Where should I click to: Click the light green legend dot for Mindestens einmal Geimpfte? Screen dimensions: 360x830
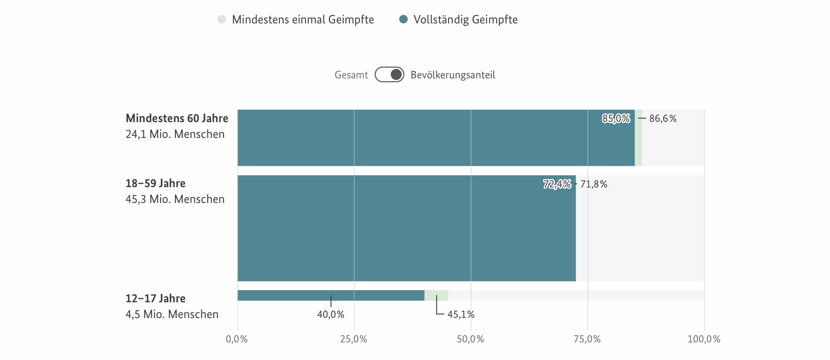(222, 19)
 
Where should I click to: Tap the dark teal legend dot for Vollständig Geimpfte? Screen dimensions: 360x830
(403, 19)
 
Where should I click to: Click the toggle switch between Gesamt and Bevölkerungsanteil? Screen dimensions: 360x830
(389, 74)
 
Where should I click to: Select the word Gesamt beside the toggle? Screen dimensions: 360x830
(351, 75)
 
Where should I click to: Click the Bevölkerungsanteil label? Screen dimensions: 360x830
(452, 75)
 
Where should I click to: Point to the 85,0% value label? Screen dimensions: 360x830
(616, 118)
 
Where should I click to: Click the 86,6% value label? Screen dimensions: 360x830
(663, 118)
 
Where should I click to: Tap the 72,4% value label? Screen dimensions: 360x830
(557, 184)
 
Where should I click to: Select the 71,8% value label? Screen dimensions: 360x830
(594, 184)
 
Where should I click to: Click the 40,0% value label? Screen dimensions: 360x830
(331, 314)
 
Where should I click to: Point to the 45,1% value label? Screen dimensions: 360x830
(461, 314)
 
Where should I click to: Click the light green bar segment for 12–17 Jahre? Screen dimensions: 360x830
(436, 295)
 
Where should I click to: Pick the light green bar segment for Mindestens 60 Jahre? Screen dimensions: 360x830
(638, 138)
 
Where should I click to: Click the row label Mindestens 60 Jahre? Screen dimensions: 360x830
(177, 118)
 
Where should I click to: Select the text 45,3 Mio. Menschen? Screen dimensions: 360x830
(175, 199)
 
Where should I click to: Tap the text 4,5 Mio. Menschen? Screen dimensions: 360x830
(172, 314)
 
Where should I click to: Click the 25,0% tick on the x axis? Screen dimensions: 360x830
(354, 339)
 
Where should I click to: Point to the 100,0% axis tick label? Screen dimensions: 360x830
(704, 339)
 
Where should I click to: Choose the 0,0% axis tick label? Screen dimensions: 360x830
(237, 339)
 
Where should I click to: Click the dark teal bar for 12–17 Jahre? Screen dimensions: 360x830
(331, 295)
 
